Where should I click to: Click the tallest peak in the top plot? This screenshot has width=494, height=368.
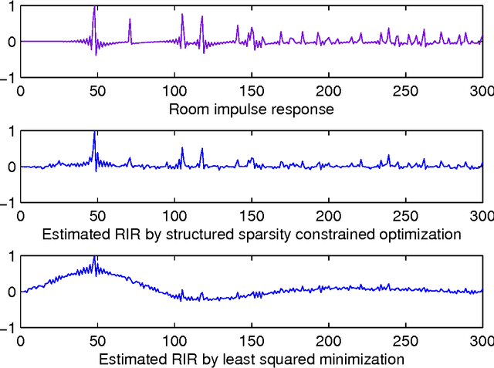(94, 8)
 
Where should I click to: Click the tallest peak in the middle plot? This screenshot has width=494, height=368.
(94, 133)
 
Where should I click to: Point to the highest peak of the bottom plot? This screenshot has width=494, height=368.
(94, 258)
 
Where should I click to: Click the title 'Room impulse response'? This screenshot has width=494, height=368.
(251, 109)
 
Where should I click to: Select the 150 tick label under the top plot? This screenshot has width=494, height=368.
(252, 90)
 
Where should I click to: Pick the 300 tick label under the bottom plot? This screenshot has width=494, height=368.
(482, 340)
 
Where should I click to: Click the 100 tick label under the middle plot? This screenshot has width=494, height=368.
(174, 215)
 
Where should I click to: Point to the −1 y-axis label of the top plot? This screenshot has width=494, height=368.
(9, 78)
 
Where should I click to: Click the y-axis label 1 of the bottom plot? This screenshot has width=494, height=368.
(12, 257)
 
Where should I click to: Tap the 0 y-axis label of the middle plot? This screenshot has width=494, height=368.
(12, 167)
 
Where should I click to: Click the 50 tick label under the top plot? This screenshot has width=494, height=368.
(97, 90)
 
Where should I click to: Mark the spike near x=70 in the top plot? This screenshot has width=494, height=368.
(130, 21)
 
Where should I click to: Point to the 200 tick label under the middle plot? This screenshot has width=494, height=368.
(328, 215)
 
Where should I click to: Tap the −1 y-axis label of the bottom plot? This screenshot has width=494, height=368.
(9, 328)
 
